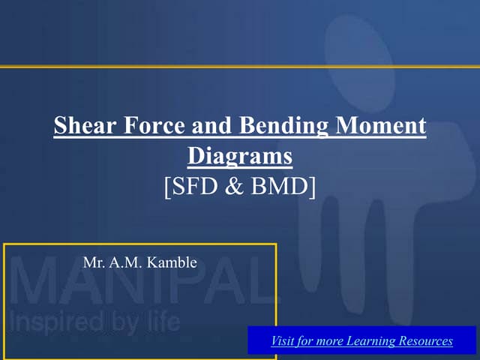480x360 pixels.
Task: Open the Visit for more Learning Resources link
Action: click(361, 341)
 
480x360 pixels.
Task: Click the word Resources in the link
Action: click(424, 341)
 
